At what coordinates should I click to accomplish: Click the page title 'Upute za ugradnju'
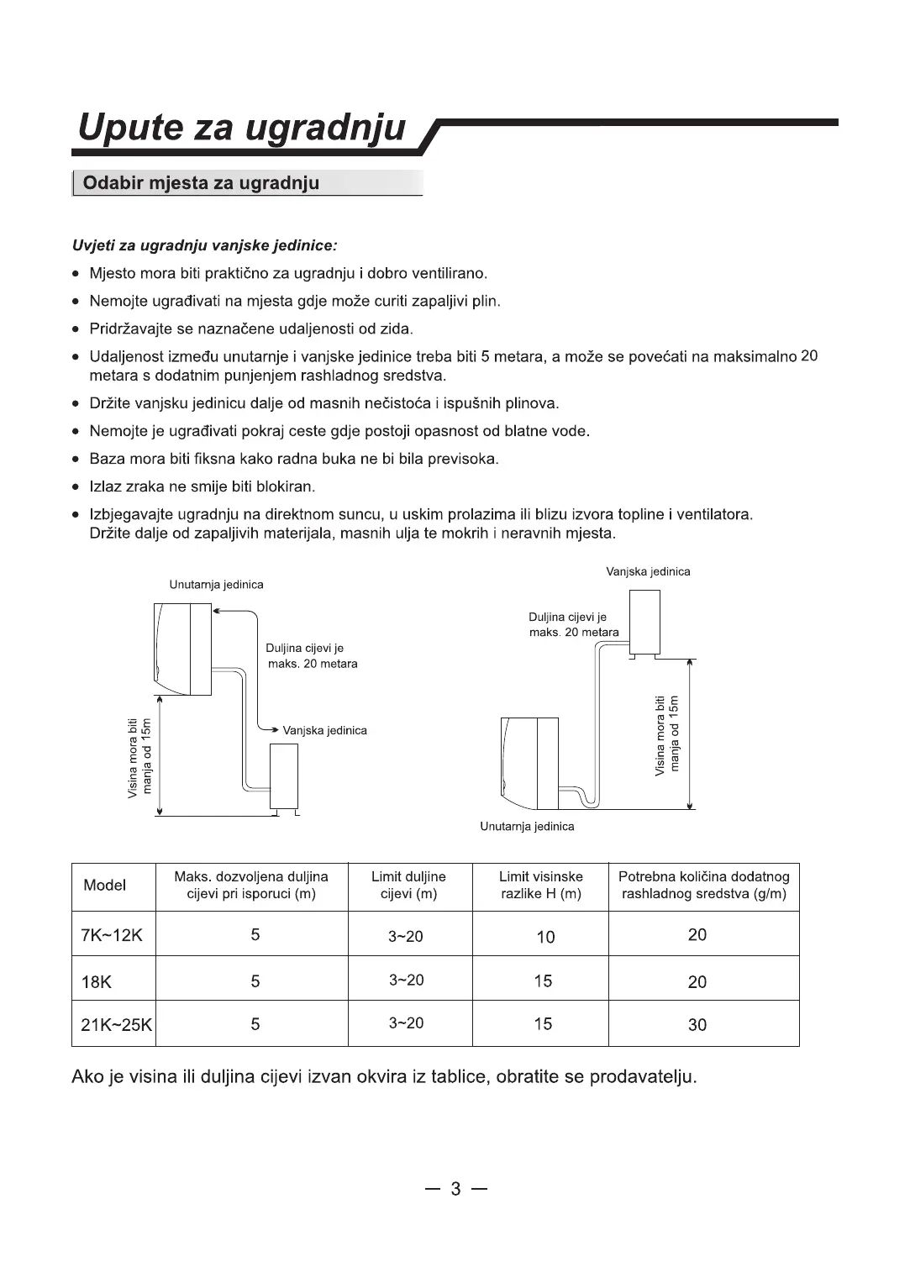pyautogui.click(x=242, y=128)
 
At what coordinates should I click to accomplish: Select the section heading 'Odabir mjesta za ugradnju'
pyautogui.click(x=202, y=183)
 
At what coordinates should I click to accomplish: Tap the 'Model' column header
pyautogui.click(x=105, y=886)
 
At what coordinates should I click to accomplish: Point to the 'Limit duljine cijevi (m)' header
pyautogui.click(x=408, y=886)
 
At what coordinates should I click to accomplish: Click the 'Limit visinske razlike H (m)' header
pyautogui.click(x=541, y=886)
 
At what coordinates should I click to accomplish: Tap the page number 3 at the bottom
pyautogui.click(x=456, y=1189)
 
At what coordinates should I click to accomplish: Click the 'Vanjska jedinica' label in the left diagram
pyautogui.click(x=325, y=731)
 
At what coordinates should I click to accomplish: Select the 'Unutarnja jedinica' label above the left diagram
pyautogui.click(x=216, y=585)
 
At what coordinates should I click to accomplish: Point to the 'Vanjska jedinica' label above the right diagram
pyautogui.click(x=648, y=572)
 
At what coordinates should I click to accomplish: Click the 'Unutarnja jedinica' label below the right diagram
pyautogui.click(x=527, y=827)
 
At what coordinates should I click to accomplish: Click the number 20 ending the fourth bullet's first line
pyautogui.click(x=809, y=355)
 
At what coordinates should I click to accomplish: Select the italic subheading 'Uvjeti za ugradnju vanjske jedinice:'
pyautogui.click(x=205, y=246)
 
